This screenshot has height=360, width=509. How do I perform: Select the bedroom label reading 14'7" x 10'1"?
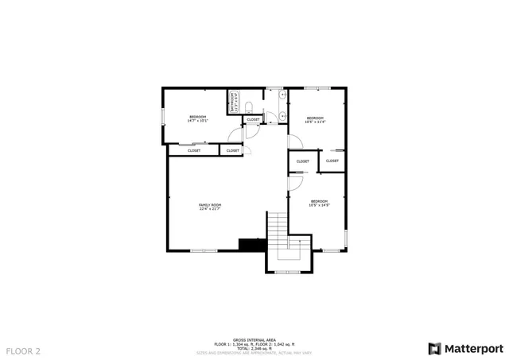pyautogui.click(x=198, y=119)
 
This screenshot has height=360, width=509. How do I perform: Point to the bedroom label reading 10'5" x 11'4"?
pyautogui.click(x=316, y=120)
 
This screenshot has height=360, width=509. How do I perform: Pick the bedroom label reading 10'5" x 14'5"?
pyautogui.click(x=319, y=203)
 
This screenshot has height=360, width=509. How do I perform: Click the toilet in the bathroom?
pyautogui.click(x=248, y=106)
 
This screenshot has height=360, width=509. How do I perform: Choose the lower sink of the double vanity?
pyautogui.click(x=283, y=116)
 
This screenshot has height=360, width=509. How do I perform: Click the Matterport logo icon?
pyautogui.click(x=433, y=348)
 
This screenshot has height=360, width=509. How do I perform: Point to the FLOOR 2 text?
pyautogui.click(x=23, y=350)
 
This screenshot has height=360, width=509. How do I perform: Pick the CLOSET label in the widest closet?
pyautogui.click(x=194, y=150)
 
